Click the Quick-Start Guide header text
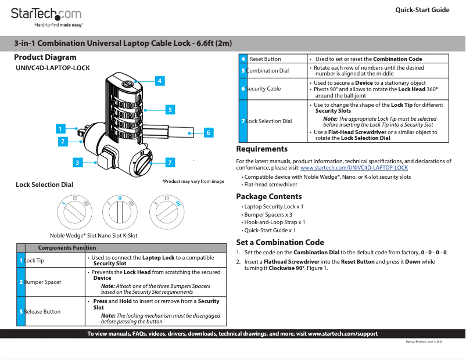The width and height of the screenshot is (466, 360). [422, 10]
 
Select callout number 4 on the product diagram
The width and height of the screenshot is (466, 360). [159, 81]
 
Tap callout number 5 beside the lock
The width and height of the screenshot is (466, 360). [170, 109]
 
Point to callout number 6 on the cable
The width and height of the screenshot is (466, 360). [207, 132]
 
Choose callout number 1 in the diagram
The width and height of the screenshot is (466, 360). [60, 128]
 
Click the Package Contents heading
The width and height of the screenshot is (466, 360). [268, 196]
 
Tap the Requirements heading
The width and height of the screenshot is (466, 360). [261, 149]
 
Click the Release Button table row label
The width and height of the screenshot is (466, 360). [42, 312]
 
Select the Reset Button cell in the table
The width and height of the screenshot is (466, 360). [265, 59]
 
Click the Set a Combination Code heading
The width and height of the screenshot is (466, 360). [279, 242]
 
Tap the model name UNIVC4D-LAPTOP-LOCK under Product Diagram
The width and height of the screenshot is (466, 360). [53, 68]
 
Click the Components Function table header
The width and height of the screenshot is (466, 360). [67, 247]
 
